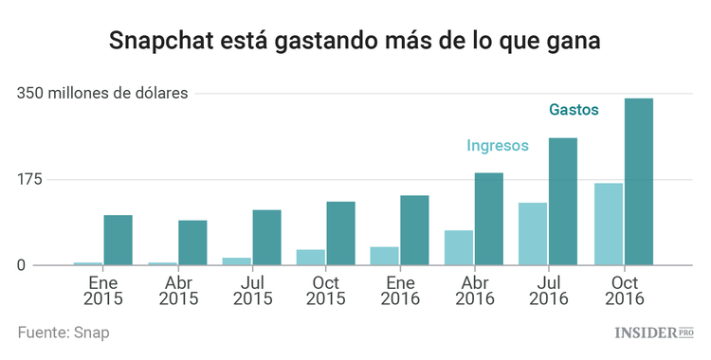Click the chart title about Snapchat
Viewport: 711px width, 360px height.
(x=355, y=42)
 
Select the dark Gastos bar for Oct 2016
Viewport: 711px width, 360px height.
(x=639, y=182)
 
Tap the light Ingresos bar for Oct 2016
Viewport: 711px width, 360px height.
(x=609, y=225)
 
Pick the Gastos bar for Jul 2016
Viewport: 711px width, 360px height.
(x=562, y=202)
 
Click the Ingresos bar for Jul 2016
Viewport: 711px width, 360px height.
(x=533, y=234)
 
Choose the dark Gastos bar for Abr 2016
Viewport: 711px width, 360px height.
(x=488, y=219)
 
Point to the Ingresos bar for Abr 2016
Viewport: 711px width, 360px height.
(x=459, y=248)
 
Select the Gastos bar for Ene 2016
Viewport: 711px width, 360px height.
(x=414, y=230)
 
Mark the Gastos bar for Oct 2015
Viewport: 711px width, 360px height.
(x=340, y=233)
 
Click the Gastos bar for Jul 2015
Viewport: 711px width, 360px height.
(x=266, y=238)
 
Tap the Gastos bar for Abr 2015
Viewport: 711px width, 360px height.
(x=192, y=243)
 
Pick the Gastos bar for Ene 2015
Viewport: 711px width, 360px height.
(x=118, y=241)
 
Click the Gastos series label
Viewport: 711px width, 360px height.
(x=574, y=110)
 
